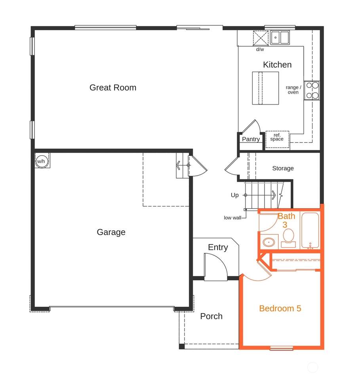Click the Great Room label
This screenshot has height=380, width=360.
pos(113,87)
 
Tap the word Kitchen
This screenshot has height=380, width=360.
pos(277,65)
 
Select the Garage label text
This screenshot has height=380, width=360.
pos(111,232)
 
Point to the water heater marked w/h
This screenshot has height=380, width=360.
pos(41,161)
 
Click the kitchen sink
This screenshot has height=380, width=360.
pos(280,38)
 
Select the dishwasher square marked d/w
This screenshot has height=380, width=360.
pos(261,38)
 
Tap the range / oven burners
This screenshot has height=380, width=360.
pos(312,90)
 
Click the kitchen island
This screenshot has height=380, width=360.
pos(265,88)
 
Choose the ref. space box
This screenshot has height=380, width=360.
pos(277,139)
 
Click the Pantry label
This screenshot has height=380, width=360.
pos(251,139)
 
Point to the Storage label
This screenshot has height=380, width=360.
pos(283,168)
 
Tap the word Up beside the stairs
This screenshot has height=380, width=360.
pos(235,195)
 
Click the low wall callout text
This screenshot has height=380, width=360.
pos(232,218)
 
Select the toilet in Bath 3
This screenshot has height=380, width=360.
pos(288,238)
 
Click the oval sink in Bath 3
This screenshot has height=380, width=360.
pos(269,242)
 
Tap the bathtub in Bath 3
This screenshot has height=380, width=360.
pos(310,230)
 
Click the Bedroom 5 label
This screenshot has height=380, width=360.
pos(280,308)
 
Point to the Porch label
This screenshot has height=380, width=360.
pos(211,316)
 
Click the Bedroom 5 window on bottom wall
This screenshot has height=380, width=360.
pos(282,348)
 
